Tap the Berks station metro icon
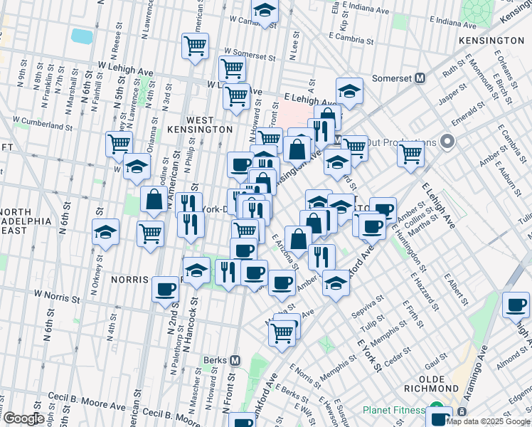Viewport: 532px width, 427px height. [234, 361]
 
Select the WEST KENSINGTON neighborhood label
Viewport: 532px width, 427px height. [208, 125]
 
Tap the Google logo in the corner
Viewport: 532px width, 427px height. [23, 418]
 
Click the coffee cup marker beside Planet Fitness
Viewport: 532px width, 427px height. [440, 415]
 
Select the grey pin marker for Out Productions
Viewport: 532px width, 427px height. [447, 142]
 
